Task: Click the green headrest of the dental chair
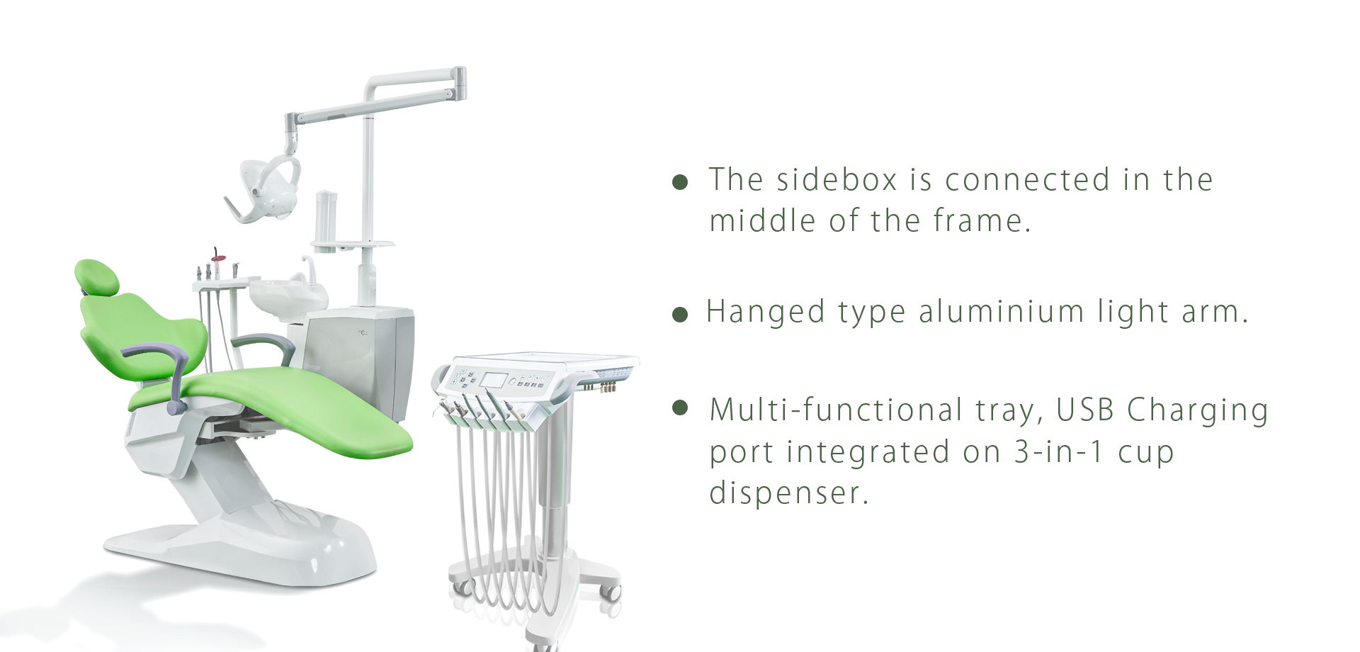[97, 276]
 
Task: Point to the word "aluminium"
[1002, 312]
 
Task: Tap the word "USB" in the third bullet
[1084, 410]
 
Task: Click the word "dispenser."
[788, 493]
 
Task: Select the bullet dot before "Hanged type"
[680, 315]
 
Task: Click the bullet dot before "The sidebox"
[680, 182]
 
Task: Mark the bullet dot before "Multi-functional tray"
[680, 407]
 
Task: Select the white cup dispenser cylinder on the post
[326, 217]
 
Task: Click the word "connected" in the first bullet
[1027, 179]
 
